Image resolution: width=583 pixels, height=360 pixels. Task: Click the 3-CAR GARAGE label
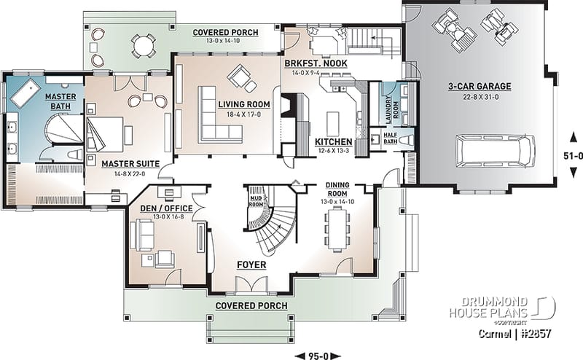click(x=479, y=86)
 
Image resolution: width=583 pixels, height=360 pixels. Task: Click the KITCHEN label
click(x=333, y=141)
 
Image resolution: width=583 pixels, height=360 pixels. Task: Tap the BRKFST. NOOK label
click(x=315, y=64)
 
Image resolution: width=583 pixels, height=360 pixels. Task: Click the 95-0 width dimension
click(x=316, y=355)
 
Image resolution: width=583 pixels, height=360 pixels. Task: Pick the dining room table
click(x=337, y=228)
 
